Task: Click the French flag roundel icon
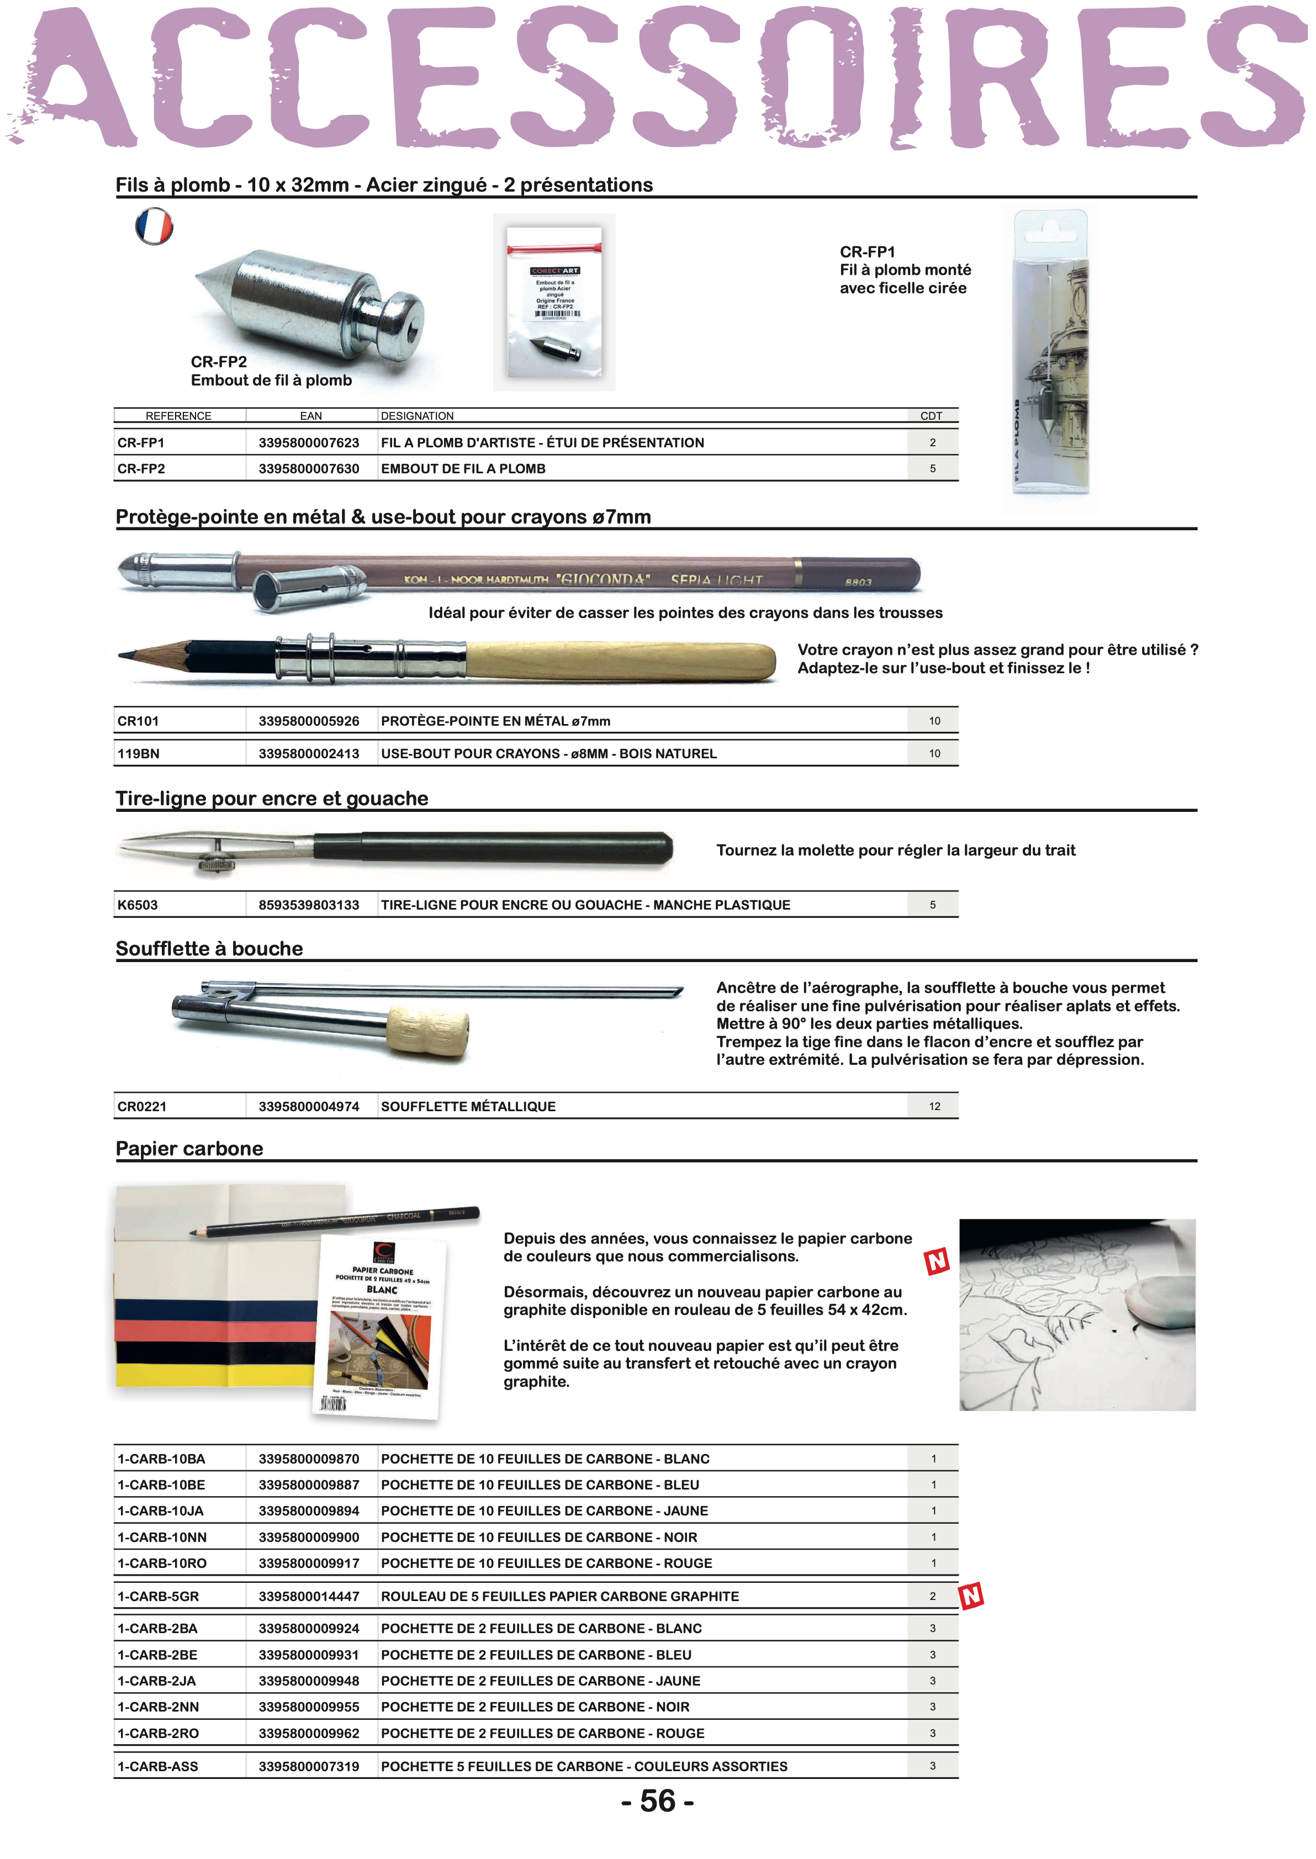click(154, 225)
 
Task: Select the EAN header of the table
click(310, 416)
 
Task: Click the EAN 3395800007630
click(309, 468)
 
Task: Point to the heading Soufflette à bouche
click(209, 948)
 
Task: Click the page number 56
click(657, 1800)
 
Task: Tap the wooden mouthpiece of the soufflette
click(427, 1030)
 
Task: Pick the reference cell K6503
click(138, 905)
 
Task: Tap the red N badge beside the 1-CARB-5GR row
click(971, 1596)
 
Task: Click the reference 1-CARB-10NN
click(162, 1536)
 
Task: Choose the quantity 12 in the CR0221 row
click(934, 1106)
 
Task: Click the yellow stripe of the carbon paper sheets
click(215, 1375)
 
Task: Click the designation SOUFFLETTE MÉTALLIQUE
click(468, 1106)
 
